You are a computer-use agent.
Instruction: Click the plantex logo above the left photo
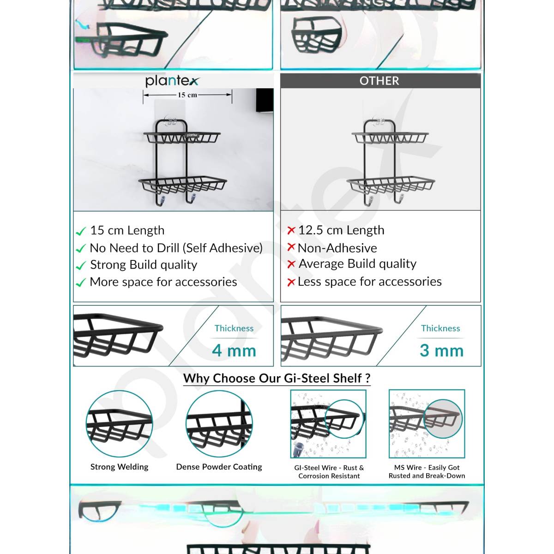click(x=172, y=81)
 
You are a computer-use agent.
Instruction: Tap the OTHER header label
click(x=379, y=81)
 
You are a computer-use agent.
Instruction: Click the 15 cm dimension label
click(x=187, y=95)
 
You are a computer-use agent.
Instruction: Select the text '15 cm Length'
click(x=127, y=230)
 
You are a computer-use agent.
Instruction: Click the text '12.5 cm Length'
click(x=341, y=230)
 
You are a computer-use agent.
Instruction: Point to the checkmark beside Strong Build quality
click(x=81, y=266)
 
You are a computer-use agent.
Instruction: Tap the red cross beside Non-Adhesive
click(x=291, y=247)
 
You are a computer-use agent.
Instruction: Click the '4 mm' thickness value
click(x=234, y=351)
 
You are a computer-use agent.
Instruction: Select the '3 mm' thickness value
click(x=441, y=351)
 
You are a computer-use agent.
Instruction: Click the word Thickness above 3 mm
click(x=440, y=328)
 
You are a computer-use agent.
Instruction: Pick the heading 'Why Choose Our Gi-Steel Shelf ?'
click(x=277, y=379)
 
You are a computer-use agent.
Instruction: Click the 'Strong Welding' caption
click(x=120, y=467)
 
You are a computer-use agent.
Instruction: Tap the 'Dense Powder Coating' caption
click(x=219, y=467)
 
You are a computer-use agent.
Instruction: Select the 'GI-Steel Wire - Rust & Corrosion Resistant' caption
click(x=329, y=472)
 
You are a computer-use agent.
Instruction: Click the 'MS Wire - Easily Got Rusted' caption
click(x=427, y=472)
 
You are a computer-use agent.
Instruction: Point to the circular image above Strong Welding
click(x=119, y=424)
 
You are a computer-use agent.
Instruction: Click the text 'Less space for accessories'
click(x=369, y=282)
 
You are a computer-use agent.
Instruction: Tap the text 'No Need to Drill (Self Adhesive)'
click(x=176, y=248)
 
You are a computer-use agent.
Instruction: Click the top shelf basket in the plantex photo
click(x=183, y=138)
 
